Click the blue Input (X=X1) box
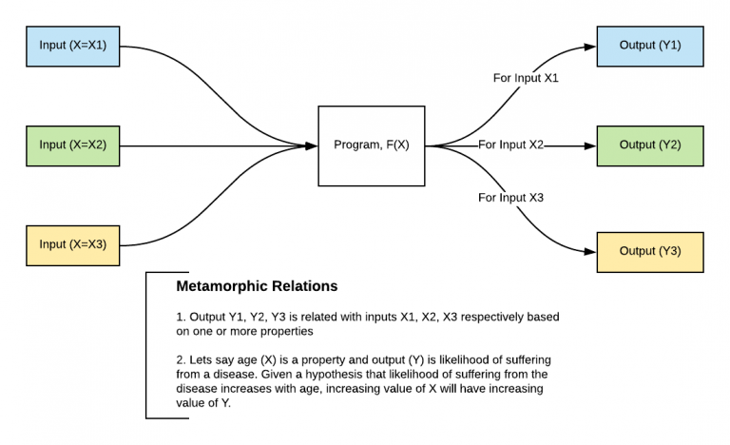[72, 46]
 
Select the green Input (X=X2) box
[72, 145]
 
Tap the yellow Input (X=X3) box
[72, 244]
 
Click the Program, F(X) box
[371, 145]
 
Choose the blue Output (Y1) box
[650, 46]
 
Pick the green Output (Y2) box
[650, 145]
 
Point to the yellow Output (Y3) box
[650, 252]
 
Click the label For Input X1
[526, 78]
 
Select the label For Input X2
[510, 145]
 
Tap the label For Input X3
[510, 198]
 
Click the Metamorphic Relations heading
[257, 286]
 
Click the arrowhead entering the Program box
[312, 145]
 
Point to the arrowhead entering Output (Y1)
[590, 46]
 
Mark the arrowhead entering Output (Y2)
[590, 145]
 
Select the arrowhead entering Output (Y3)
[590, 252]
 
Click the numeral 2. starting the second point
[181, 358]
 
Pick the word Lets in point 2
[202, 358]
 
